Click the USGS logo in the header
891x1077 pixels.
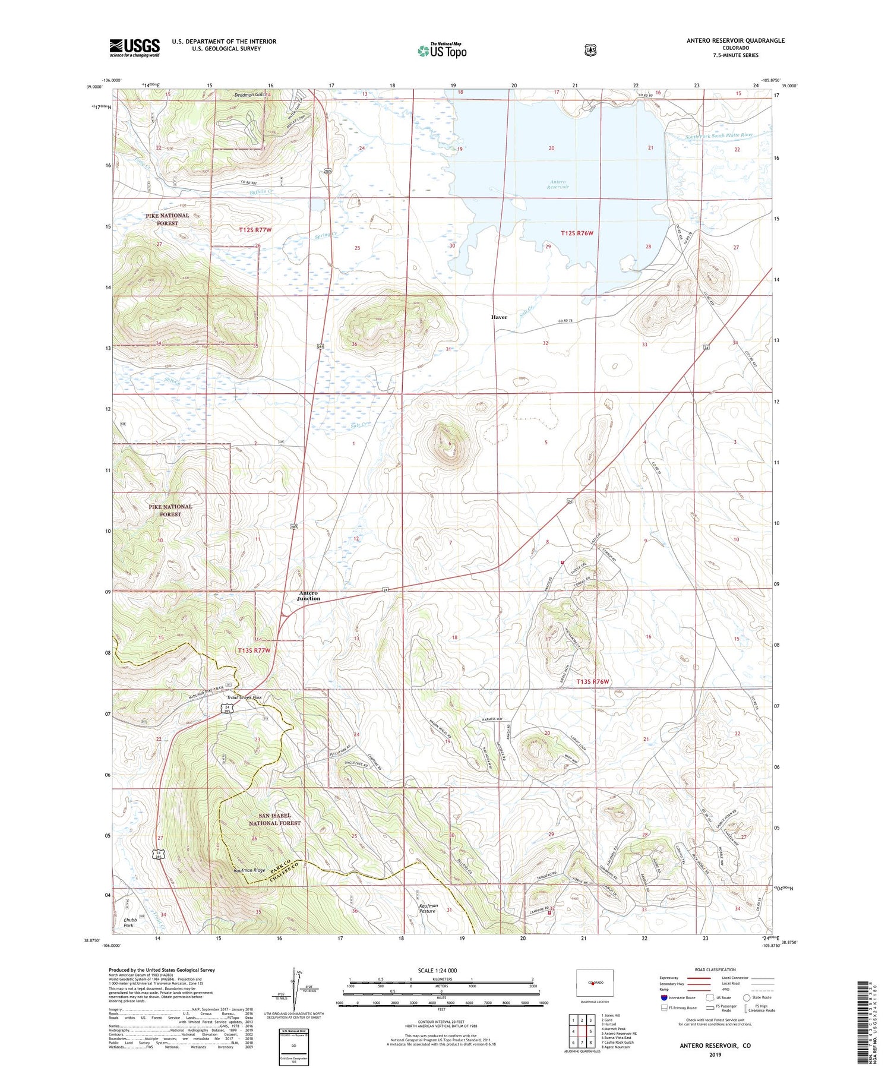coord(134,48)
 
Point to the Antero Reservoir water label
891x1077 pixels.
coord(558,184)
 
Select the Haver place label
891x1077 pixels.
coord(499,317)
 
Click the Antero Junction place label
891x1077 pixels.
coord(308,596)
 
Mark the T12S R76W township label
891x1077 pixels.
coord(577,233)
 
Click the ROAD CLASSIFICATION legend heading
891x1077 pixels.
coord(710,969)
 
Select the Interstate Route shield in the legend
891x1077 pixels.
coord(663,998)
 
